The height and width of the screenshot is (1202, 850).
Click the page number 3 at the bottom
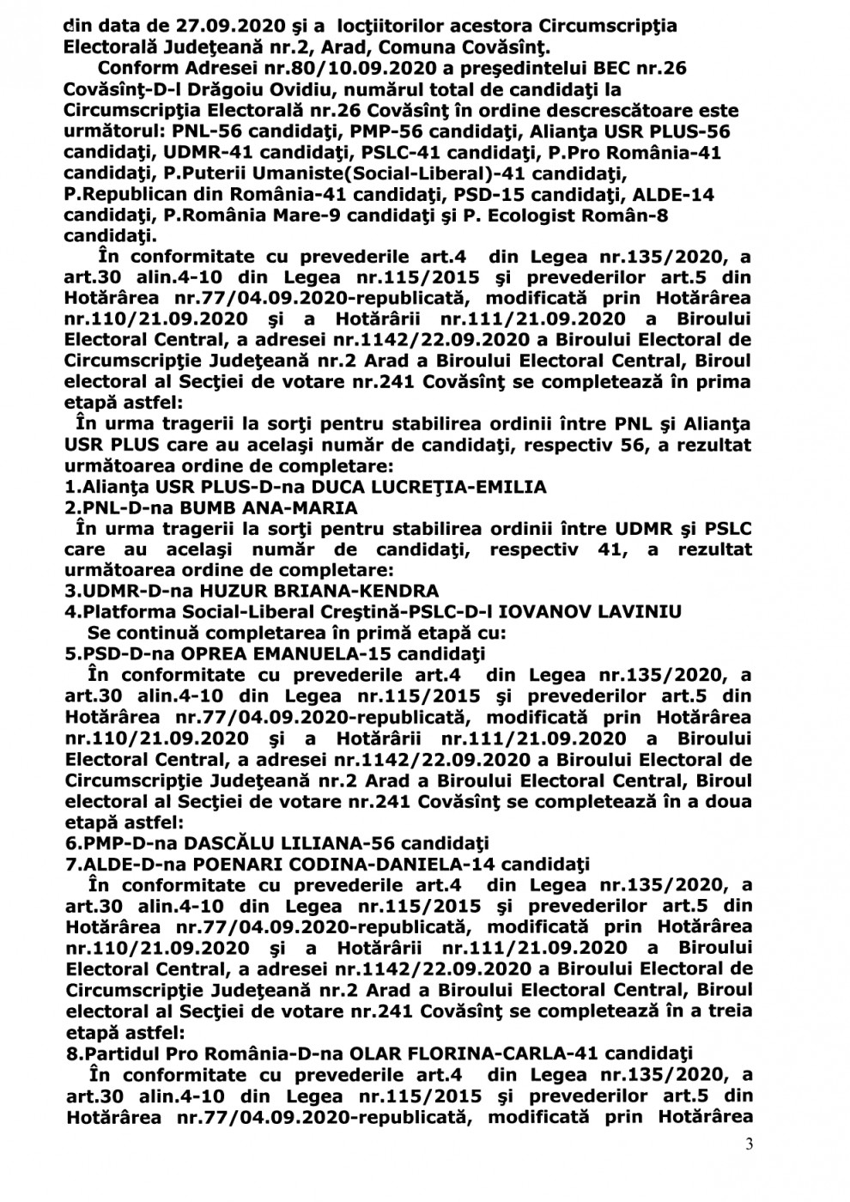[748, 1146]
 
